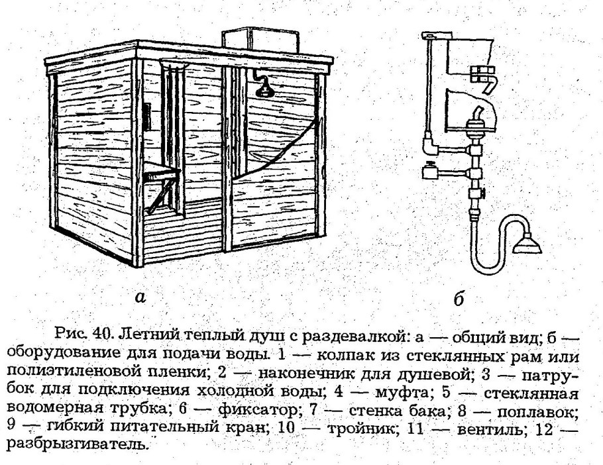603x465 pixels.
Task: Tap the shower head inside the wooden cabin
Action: (x=265, y=89)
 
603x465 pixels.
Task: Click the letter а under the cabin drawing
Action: (x=140, y=297)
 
